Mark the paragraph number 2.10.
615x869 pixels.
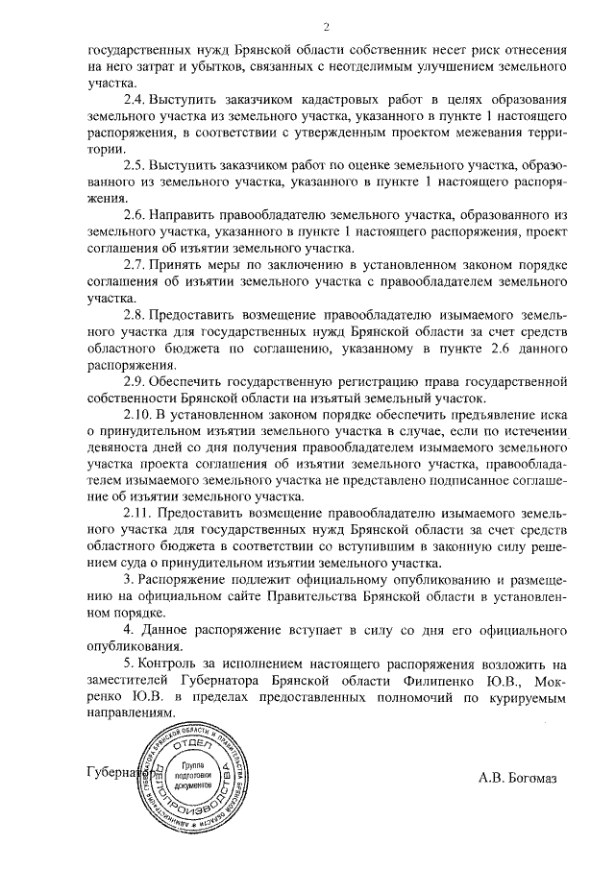[138, 416]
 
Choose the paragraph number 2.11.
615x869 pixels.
[138, 515]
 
